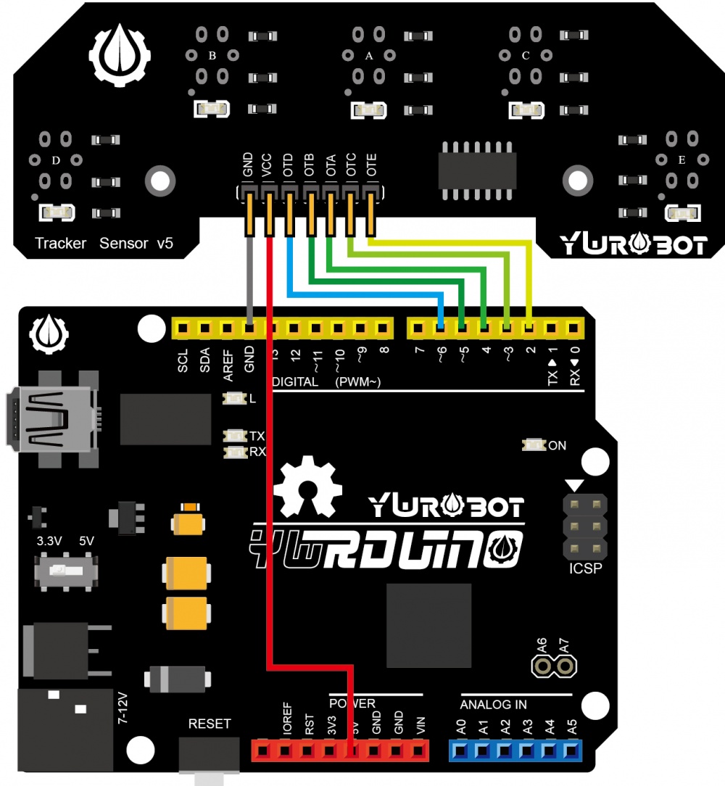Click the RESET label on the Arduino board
(x=210, y=724)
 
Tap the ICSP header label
(x=585, y=568)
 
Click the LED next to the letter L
(x=235, y=399)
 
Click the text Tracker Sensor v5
(x=104, y=244)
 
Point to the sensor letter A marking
(x=368, y=55)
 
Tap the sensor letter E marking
(x=681, y=160)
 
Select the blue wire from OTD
(x=362, y=294)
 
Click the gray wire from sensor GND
(x=249, y=283)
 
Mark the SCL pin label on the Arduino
(x=183, y=361)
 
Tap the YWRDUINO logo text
(x=384, y=548)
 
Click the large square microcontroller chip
(x=429, y=626)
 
